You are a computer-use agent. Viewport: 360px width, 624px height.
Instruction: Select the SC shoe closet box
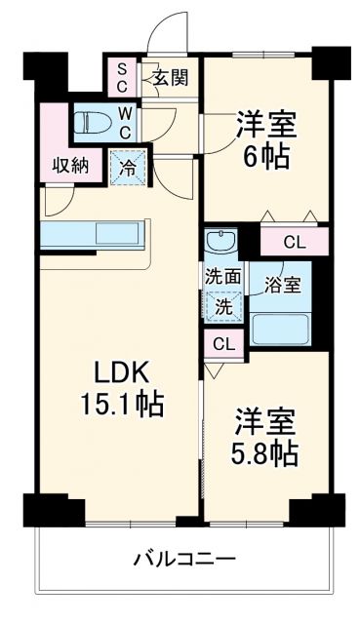click(x=123, y=76)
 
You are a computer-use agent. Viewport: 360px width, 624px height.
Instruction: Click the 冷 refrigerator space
click(x=128, y=165)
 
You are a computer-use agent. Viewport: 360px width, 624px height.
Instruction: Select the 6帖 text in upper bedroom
click(x=266, y=156)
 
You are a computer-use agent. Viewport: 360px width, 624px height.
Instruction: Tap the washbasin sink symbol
click(x=218, y=241)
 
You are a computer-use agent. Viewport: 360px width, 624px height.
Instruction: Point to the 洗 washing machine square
click(x=222, y=305)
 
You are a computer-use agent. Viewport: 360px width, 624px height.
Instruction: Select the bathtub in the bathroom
click(x=281, y=329)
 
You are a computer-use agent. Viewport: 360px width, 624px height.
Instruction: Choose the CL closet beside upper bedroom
click(x=294, y=241)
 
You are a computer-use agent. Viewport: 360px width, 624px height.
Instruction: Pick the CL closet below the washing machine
click(x=223, y=343)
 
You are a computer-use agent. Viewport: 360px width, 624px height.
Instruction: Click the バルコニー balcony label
click(x=184, y=560)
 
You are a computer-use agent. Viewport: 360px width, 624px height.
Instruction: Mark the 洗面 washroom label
click(x=222, y=276)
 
